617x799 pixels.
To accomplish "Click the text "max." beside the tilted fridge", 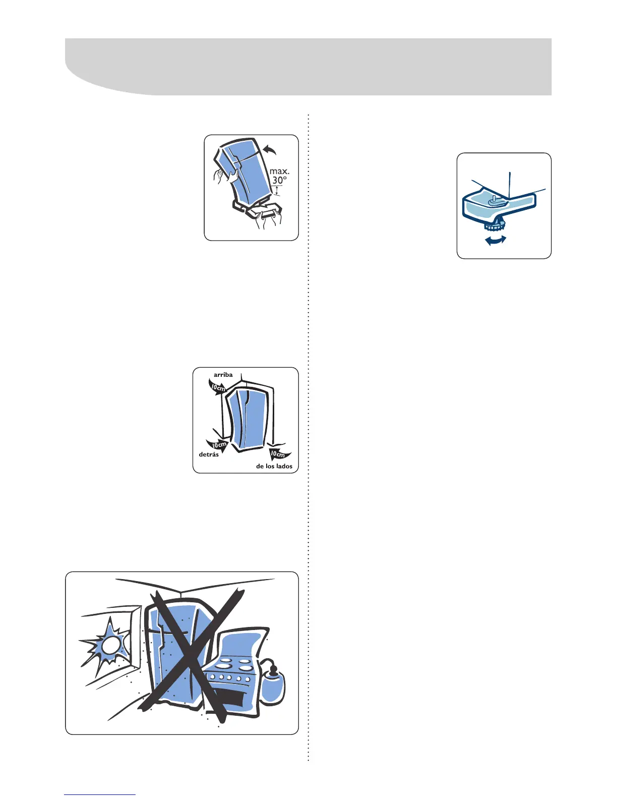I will pyautogui.click(x=279, y=171).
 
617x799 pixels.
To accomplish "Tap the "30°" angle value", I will pyautogui.click(x=279, y=180).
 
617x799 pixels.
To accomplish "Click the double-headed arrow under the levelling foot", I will pyautogui.click(x=496, y=241).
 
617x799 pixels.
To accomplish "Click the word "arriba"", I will pyautogui.click(x=223, y=375).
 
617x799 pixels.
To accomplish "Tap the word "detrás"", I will pyautogui.click(x=209, y=454).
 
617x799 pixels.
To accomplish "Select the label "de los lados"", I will pyautogui.click(x=274, y=466).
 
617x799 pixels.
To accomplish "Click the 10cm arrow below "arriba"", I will pyautogui.click(x=218, y=388).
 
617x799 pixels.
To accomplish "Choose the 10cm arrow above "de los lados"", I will pyautogui.click(x=279, y=453).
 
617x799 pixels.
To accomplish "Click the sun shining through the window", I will pyautogui.click(x=107, y=646).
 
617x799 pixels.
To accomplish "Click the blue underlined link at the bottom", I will pyautogui.click(x=100, y=794).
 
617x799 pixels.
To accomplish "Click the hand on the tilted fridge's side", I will pyautogui.click(x=222, y=177).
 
